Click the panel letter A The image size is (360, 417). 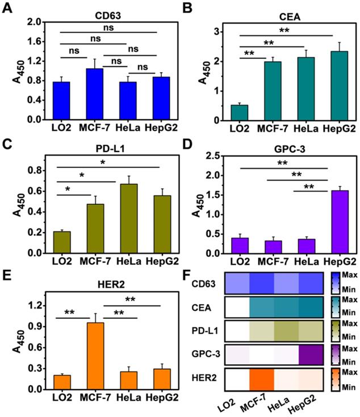coord(7,7)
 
